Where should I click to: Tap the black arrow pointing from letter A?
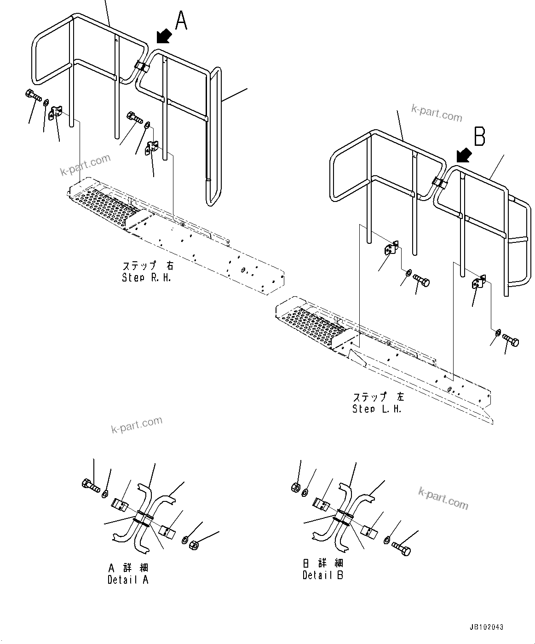163,35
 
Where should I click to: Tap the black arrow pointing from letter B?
463,154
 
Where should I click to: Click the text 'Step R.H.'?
146,277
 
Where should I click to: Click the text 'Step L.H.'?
377,408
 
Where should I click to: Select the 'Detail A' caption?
128,580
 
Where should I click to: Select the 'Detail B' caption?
323,575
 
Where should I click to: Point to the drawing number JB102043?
486,627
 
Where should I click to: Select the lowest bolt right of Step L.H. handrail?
511,341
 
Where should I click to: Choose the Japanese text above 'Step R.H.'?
148,266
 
